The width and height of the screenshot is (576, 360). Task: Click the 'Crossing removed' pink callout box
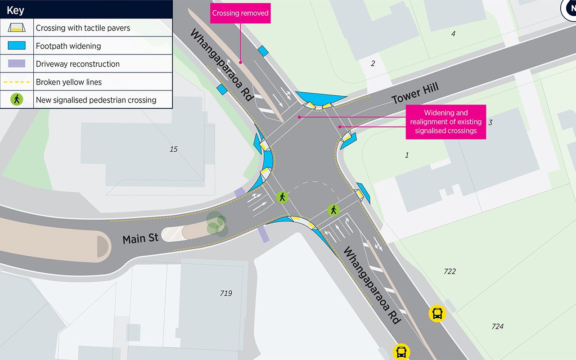coord(240,13)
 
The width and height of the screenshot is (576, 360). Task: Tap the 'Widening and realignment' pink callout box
coord(445,121)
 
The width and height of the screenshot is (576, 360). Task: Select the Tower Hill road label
coord(415,94)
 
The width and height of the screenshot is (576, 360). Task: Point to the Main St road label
coord(140,238)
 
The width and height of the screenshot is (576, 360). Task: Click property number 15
coord(174,149)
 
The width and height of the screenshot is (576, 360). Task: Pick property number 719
coord(226,293)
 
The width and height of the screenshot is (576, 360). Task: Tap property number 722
coord(450,271)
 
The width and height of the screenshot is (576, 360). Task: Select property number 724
coord(497,327)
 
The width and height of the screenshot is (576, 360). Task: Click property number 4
coord(453,34)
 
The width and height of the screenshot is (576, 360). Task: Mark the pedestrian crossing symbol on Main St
coord(282,197)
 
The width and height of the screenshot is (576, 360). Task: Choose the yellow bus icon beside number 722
coord(437,313)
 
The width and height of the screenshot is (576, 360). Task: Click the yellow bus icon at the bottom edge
coord(401,352)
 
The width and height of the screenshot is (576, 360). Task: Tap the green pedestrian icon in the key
coord(17,99)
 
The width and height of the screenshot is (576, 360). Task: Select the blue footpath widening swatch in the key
coord(18,46)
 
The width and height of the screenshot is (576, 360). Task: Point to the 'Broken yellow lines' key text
coord(69,82)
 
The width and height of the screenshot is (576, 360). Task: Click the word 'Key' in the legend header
coord(15,9)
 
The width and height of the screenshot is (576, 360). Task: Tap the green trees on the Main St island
coord(217,224)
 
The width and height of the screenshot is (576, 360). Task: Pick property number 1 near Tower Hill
coord(407,155)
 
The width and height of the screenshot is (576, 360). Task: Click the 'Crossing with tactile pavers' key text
coord(83,28)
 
